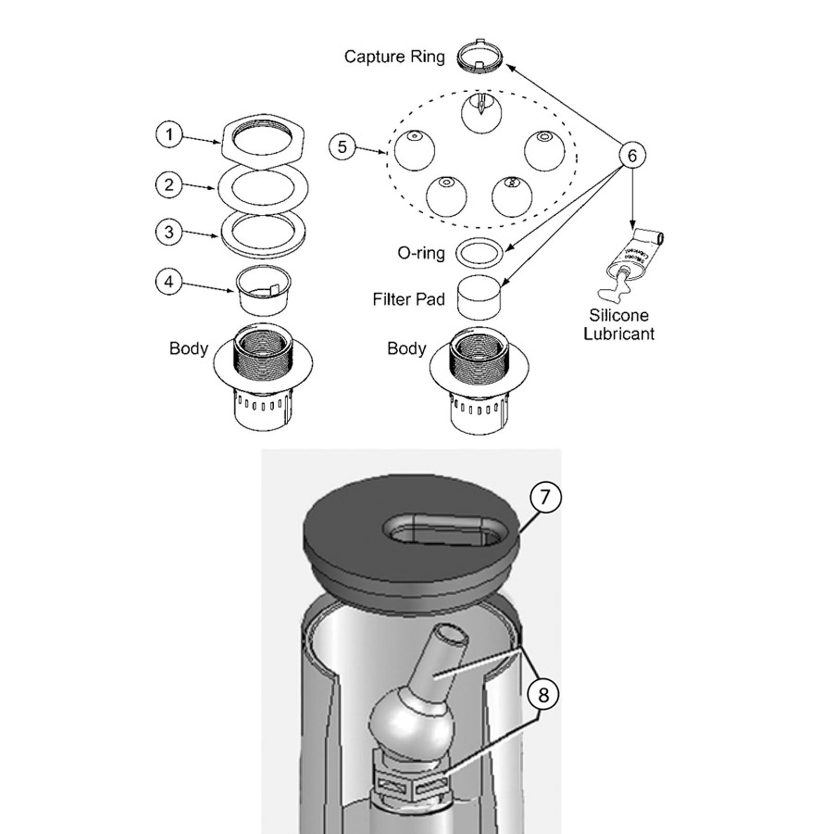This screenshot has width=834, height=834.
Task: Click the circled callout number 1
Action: tap(169, 135)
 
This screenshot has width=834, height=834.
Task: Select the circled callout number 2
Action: tap(169, 185)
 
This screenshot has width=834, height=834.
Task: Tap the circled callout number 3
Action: tap(169, 232)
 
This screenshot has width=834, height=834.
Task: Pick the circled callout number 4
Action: tap(169, 282)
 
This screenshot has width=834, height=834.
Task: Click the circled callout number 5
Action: tap(342, 146)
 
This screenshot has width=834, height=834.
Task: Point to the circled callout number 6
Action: tap(632, 155)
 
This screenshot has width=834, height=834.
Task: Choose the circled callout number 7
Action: tap(545, 497)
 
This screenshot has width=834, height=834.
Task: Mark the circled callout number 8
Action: tap(543, 695)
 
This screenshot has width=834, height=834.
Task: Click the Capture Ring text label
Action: tap(395, 56)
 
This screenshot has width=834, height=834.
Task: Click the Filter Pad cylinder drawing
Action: tap(479, 297)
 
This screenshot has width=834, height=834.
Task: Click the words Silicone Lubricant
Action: tap(619, 324)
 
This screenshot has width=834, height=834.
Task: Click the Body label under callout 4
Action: tap(189, 348)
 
